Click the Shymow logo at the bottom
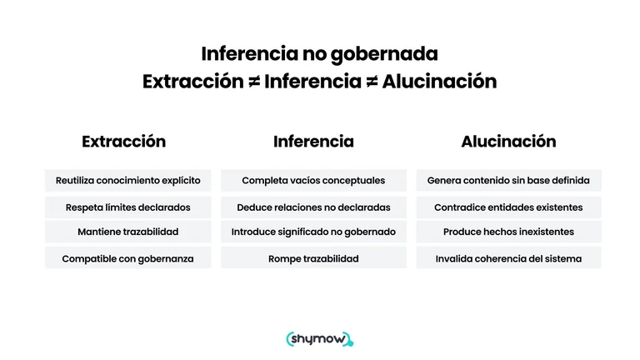(x=320, y=339)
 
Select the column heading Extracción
(x=123, y=142)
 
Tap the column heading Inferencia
(x=313, y=142)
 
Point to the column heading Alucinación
(x=508, y=142)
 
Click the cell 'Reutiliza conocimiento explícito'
(x=127, y=180)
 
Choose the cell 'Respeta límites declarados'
(x=127, y=207)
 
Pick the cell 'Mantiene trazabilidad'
(x=127, y=232)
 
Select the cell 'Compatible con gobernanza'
(x=127, y=258)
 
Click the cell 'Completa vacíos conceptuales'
(x=313, y=180)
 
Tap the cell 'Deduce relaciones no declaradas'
(x=313, y=207)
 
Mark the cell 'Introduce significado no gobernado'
(x=313, y=232)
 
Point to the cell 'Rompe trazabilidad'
(x=313, y=258)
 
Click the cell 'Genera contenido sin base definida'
(x=508, y=180)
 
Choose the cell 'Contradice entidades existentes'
(x=508, y=207)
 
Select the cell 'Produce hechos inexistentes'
(x=508, y=232)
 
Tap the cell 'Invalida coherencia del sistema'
(x=508, y=258)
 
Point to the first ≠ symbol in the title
(x=254, y=82)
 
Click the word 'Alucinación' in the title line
(x=440, y=81)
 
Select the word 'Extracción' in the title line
(x=193, y=81)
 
